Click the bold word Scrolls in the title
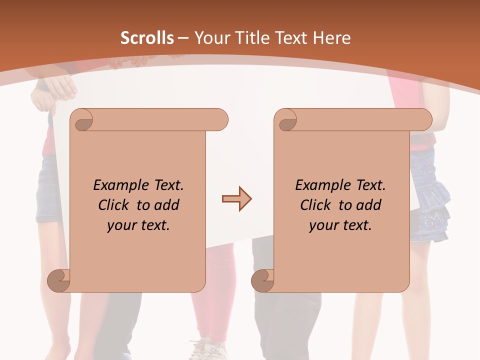click(147, 38)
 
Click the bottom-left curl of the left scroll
click(58, 280)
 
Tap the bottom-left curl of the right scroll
click(262, 280)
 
